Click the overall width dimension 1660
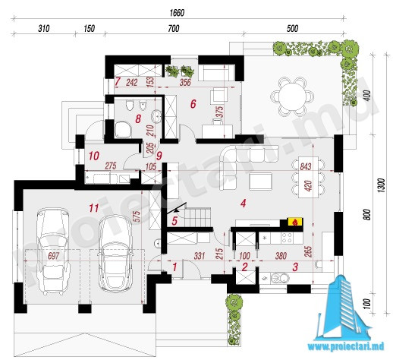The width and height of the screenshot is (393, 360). click(177, 13)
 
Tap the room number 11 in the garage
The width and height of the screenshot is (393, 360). click(93, 208)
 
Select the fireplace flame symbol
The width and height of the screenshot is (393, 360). click(294, 222)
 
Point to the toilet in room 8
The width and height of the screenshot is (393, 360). click(130, 105)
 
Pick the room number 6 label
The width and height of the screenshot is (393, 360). click(193, 104)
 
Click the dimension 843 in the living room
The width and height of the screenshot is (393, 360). click(306, 166)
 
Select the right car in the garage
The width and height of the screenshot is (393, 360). click(116, 253)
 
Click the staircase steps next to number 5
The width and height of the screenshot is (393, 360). click(198, 217)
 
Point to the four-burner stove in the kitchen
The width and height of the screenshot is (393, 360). click(287, 238)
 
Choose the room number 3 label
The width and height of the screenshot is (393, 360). click(295, 267)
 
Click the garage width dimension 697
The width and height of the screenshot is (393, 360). click(54, 256)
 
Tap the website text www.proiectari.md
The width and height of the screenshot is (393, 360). click(346, 346)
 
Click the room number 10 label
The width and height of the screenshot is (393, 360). click(94, 156)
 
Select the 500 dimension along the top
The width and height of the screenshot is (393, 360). click(292, 28)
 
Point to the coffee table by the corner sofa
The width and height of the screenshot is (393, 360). click(260, 181)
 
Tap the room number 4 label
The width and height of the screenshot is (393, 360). click(244, 203)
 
